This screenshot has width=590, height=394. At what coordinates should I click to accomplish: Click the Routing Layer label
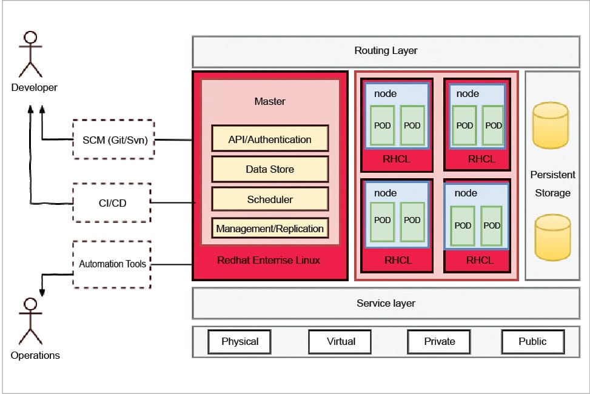click(386, 51)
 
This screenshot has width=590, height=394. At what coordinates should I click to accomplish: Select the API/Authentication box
click(270, 139)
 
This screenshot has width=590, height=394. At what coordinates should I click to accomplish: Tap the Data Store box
click(270, 169)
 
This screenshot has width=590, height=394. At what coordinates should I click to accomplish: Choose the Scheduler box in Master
click(270, 199)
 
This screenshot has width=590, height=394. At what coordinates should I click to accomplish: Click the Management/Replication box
click(270, 229)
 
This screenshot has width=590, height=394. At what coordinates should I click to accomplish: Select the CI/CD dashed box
click(112, 202)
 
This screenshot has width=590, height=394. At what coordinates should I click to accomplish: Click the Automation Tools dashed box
click(112, 264)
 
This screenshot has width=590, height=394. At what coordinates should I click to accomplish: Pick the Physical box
click(240, 341)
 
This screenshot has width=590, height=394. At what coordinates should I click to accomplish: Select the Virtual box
click(341, 341)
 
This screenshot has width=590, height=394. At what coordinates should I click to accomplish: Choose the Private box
click(440, 341)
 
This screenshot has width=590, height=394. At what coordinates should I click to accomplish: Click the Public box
click(532, 341)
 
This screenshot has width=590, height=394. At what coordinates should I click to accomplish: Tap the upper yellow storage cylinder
click(550, 125)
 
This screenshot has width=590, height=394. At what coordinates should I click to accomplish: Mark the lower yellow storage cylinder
click(552, 237)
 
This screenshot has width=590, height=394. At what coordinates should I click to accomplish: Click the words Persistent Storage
click(552, 184)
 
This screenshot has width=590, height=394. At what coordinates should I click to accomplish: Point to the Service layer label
click(386, 303)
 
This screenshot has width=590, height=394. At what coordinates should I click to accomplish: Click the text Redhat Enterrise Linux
click(269, 261)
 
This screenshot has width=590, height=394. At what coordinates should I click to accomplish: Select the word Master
click(270, 101)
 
